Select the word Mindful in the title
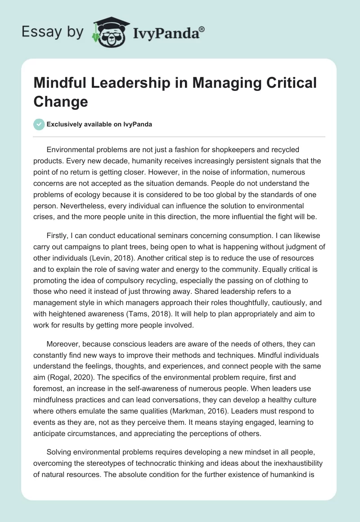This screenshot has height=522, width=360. [59, 83]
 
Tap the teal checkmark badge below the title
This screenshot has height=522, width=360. [39, 124]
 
